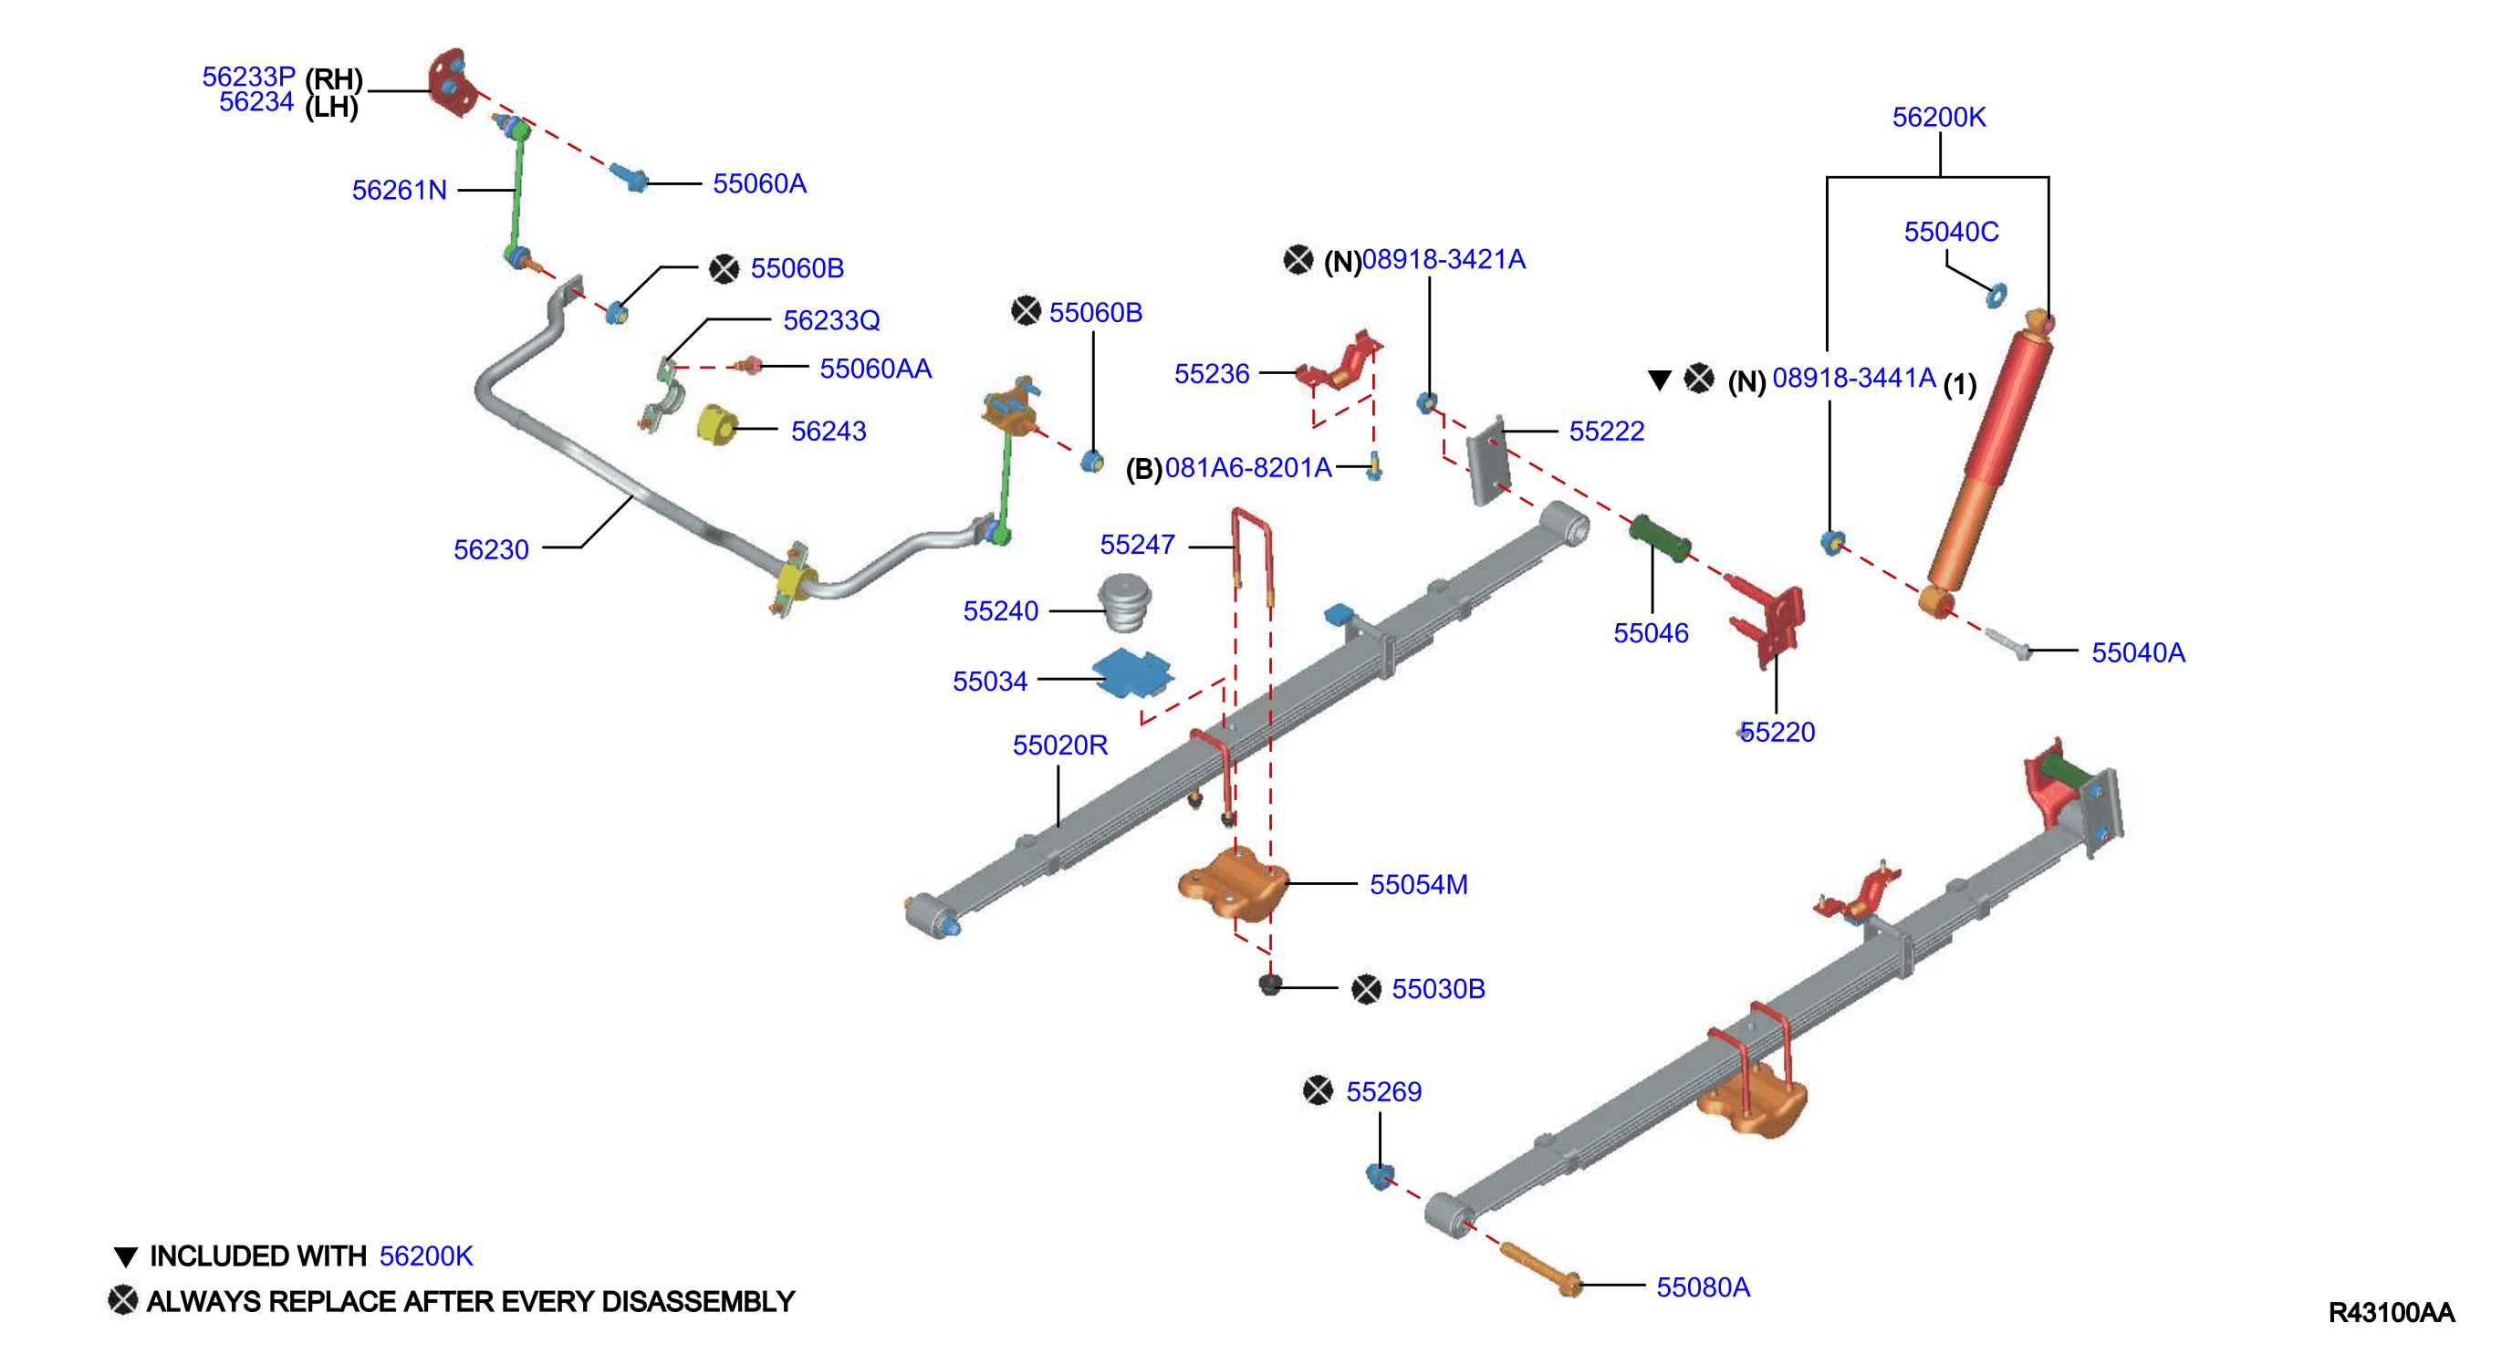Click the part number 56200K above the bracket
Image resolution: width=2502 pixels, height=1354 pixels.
coord(1939,118)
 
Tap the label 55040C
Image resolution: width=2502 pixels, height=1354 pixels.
coord(1950,232)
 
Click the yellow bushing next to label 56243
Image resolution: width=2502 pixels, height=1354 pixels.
coord(717,424)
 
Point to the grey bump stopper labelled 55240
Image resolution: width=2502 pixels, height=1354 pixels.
coord(1124,601)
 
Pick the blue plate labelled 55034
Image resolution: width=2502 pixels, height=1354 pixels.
coord(1132,672)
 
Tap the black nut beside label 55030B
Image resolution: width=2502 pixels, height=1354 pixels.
coord(1269,984)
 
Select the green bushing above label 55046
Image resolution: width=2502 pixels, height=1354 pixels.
coord(1659,538)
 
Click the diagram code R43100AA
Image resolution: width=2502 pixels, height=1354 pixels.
coord(2391,1312)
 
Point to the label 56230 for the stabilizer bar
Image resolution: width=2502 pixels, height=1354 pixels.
coord(492,550)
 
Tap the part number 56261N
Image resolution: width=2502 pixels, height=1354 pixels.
coord(399,191)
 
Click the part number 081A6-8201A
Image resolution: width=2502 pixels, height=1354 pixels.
coord(1248,468)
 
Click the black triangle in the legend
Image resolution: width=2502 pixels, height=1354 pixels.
coord(125,1257)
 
